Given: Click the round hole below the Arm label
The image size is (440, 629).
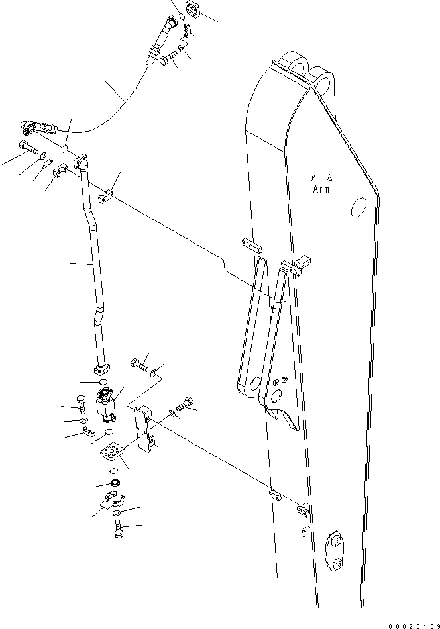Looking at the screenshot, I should tap(357, 207).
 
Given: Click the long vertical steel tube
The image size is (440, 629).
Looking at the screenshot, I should tap(93, 265).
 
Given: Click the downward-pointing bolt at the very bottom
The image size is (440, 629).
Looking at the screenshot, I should tap(119, 528).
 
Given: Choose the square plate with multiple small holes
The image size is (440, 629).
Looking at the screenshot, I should tap(111, 454).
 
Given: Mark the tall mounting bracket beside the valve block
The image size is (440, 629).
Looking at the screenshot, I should tap(144, 430).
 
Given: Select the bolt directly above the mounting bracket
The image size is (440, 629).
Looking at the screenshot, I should tap(138, 362).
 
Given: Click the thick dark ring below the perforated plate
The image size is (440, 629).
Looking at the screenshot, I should tap(115, 485).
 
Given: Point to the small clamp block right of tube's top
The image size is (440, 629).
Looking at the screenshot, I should tap(107, 197).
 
